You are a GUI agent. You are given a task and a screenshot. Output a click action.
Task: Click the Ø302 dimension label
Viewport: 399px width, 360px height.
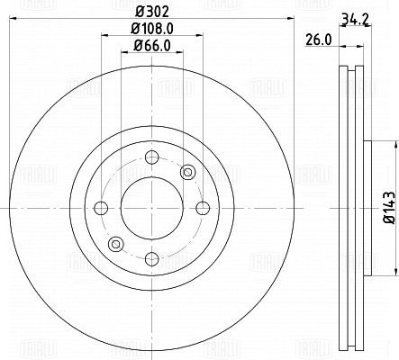coord(151,12)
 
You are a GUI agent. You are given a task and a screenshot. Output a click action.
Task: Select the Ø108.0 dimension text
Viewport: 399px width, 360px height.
coord(152,29)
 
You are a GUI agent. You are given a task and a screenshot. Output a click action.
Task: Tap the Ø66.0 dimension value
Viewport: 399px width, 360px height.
coord(152,46)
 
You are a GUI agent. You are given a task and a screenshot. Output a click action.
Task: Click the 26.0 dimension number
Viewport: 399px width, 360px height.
coord(319,40)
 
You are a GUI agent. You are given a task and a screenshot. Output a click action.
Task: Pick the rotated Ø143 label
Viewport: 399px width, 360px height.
coord(389,208)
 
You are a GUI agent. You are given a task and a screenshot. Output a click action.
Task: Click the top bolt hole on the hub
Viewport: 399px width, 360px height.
coord(152,157)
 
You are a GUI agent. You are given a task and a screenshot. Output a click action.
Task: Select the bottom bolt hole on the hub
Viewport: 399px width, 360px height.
coord(152,259)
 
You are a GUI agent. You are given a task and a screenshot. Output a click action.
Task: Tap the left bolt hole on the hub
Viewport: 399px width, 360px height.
coord(101,208)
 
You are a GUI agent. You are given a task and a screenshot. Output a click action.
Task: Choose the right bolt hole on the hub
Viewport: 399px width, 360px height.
coord(203,208)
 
